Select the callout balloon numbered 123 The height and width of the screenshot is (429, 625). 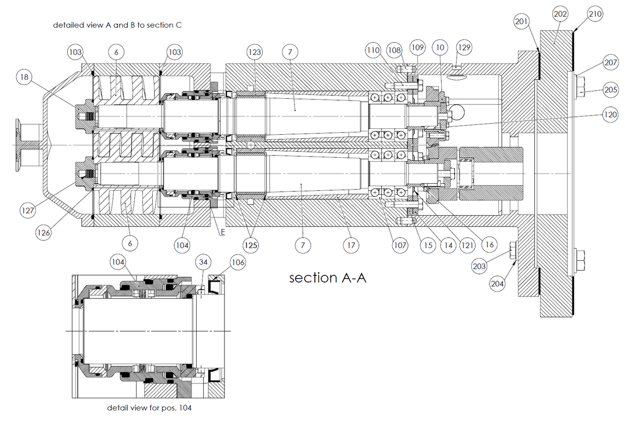click(255, 52)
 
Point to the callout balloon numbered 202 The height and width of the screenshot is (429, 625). click(560, 14)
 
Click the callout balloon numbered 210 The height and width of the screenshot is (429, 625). click(595, 14)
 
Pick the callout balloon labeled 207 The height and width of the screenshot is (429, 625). click(611, 62)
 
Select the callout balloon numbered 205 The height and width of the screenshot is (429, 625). click(611, 90)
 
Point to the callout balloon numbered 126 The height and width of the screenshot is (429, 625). click(43, 233)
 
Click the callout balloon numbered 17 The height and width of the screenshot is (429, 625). click(350, 245)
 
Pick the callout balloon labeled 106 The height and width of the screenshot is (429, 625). click(237, 263)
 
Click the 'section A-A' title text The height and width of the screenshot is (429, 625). click(328, 278)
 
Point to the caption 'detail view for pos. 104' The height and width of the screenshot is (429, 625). click(149, 408)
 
